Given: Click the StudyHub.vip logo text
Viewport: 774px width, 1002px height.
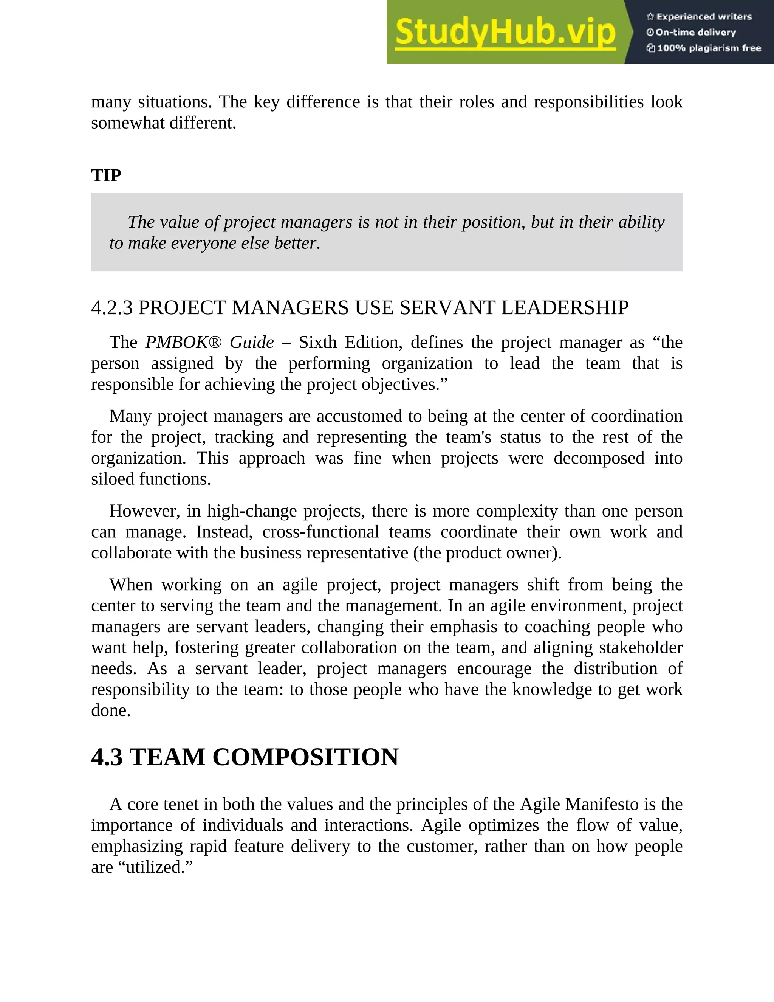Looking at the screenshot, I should (505, 32).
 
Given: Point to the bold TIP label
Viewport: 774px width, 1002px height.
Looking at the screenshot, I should (106, 176).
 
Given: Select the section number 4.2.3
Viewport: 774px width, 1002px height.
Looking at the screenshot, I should (112, 308).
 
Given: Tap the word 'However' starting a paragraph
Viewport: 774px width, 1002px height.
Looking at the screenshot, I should (144, 510).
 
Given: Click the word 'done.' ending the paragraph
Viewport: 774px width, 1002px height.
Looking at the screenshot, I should (110, 711).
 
